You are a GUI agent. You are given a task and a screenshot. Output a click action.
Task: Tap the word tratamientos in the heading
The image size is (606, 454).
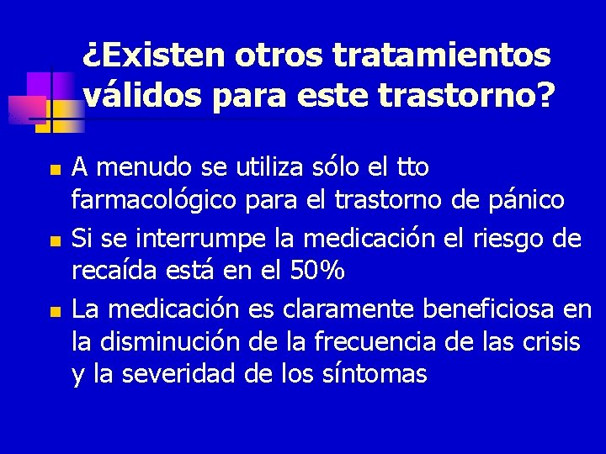coord(443,55)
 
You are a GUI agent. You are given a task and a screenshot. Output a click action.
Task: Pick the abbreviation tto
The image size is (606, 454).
coord(412,167)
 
